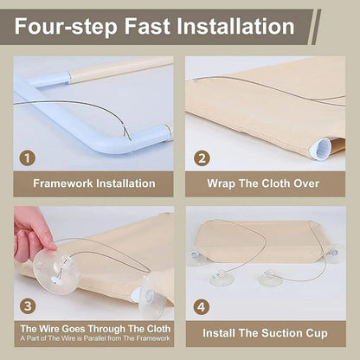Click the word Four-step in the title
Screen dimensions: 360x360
coord(66,27)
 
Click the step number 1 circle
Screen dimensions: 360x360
coord(28,158)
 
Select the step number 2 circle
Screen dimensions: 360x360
coord(202,158)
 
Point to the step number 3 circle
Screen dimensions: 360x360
coord(28,306)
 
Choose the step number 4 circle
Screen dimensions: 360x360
coord(202,307)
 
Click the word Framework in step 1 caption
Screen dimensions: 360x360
coord(63,183)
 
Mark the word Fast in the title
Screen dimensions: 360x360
coord(147,26)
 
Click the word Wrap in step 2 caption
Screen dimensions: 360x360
coord(221,184)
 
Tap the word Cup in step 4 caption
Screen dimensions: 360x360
coord(317,334)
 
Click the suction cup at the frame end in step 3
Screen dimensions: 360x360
coord(152,297)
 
